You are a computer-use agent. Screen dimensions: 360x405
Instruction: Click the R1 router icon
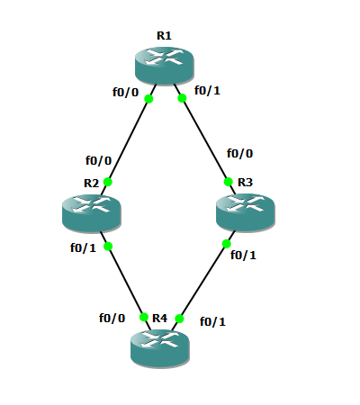[x=165, y=66]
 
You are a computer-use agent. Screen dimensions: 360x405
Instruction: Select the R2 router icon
[x=92, y=213]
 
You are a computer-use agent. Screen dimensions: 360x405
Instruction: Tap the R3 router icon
[x=246, y=212]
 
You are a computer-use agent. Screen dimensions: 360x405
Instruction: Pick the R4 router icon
[x=160, y=348]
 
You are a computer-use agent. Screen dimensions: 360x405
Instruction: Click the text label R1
[x=164, y=36]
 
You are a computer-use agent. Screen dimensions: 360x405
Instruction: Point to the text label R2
[x=91, y=183]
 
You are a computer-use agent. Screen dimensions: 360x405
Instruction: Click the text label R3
[x=245, y=182]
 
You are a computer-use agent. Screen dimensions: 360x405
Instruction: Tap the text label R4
[x=159, y=318]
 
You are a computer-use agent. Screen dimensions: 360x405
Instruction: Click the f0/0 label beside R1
[x=126, y=92]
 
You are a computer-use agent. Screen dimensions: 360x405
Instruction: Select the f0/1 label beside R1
[x=207, y=90]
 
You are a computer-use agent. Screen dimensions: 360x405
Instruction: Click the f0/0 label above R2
[x=98, y=160]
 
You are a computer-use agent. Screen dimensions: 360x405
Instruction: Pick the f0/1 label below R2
[x=83, y=247]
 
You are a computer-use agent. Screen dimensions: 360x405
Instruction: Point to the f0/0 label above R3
[x=239, y=153]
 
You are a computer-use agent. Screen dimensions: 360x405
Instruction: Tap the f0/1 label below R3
[x=243, y=255]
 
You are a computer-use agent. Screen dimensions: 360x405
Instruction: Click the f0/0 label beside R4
[x=112, y=318]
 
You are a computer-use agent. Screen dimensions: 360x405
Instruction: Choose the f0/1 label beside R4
[x=212, y=321]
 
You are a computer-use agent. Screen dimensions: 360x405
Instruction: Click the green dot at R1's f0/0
[x=148, y=99]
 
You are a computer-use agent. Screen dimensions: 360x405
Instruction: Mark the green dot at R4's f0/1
[x=179, y=319]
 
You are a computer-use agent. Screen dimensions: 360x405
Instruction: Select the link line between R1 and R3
[x=204, y=139]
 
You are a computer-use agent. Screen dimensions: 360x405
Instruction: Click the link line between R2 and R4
[x=125, y=281]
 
